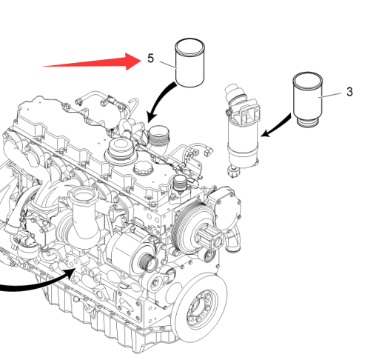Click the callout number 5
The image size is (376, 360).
point(150,59)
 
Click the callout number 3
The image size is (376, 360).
point(349,92)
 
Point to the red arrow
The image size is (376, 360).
point(92,61)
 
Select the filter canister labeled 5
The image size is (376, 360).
point(189,63)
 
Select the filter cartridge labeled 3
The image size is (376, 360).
point(308,99)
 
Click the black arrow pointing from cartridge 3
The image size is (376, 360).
point(276,126)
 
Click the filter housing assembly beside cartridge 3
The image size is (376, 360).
point(243,130)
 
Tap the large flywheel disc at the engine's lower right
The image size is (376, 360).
point(199,308)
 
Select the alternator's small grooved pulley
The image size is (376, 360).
point(147,263)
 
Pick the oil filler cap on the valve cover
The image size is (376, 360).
point(143,167)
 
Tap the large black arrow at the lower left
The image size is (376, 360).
point(37,282)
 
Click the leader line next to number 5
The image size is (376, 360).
point(169,64)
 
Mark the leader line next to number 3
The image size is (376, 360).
point(330,96)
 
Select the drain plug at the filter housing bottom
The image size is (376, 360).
point(233,171)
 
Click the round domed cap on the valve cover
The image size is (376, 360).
point(121,147)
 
